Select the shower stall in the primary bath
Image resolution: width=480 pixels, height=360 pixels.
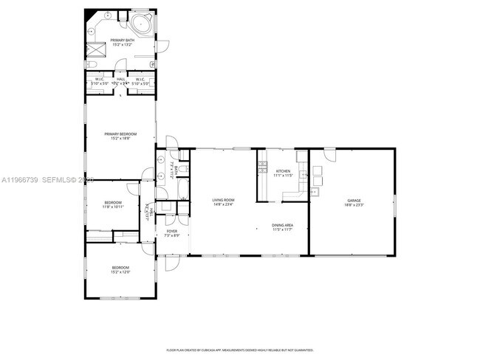tap(95, 49)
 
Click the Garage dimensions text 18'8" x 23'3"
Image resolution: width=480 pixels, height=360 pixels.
tap(354, 205)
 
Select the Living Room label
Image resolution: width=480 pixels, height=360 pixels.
tap(223, 200)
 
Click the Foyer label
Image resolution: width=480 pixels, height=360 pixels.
tap(171, 232)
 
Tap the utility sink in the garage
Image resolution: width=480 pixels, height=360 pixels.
tap(315, 193)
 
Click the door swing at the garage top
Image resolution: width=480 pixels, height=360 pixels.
tap(329, 154)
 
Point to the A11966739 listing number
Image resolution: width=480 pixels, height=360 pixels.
tap(18, 180)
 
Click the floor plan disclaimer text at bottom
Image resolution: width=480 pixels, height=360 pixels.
tap(240, 350)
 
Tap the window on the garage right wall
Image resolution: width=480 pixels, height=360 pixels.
tap(395, 204)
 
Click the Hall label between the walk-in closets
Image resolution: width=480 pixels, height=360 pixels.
tap(120, 80)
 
